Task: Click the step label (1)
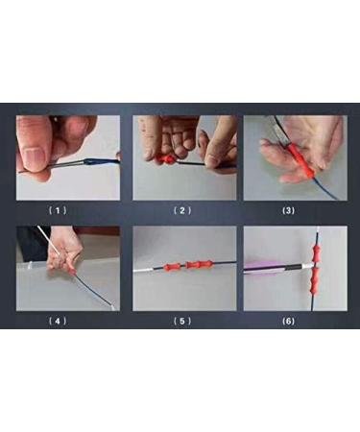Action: pyautogui.click(x=58, y=210)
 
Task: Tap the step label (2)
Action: pyautogui.click(x=182, y=210)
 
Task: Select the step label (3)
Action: pyautogui.click(x=288, y=210)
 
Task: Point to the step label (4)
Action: pyautogui.click(x=58, y=321)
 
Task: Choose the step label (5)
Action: pyautogui.click(x=182, y=321)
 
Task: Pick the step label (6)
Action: pyautogui.click(x=288, y=321)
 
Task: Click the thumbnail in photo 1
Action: pyautogui.click(x=34, y=156)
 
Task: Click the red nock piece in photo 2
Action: pyautogui.click(x=167, y=159)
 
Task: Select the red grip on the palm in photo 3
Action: pyautogui.click(x=302, y=161)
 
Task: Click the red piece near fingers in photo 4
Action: pyautogui.click(x=73, y=272)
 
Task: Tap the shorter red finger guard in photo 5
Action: pyautogui.click(x=172, y=267)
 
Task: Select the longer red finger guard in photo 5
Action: pyautogui.click(x=199, y=265)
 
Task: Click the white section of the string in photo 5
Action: pyautogui.click(x=143, y=271)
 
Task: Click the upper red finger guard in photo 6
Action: pyautogui.click(x=316, y=252)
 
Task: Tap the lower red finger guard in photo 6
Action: pyautogui.click(x=315, y=280)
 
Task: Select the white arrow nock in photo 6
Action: pyautogui.click(x=307, y=265)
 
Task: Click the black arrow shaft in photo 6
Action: pyautogui.click(x=294, y=267)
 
